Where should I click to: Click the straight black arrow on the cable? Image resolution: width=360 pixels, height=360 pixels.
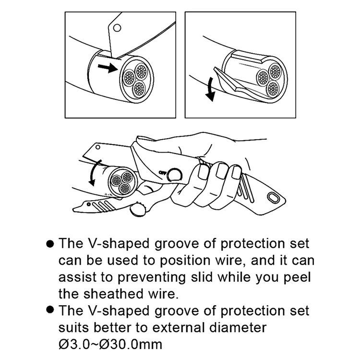108,67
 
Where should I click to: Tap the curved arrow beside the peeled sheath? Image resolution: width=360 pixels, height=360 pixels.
210,90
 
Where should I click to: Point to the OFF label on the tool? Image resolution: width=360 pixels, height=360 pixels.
162,172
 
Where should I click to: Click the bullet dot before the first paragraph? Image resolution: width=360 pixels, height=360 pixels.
50,243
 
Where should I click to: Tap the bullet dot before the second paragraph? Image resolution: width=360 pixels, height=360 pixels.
50,311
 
